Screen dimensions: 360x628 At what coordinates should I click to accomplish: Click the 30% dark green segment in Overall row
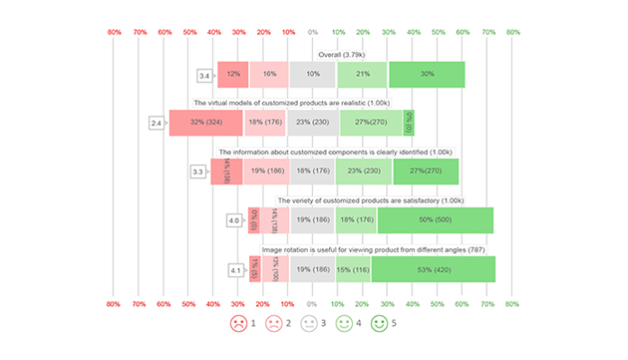pyautogui.click(x=427, y=75)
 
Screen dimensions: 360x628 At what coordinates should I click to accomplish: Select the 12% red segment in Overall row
pyautogui.click(x=233, y=75)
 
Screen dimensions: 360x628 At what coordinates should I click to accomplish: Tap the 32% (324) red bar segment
pyautogui.click(x=206, y=123)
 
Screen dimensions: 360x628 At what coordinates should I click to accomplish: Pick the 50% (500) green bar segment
pyautogui.click(x=435, y=220)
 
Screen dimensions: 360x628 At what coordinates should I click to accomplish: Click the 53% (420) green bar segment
pyautogui.click(x=433, y=269)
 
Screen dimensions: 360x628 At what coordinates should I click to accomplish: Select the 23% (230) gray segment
pyautogui.click(x=313, y=123)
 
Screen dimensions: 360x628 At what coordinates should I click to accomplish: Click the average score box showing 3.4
pyautogui.click(x=205, y=75)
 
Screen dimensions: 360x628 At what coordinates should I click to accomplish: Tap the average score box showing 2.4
pyautogui.click(x=156, y=123)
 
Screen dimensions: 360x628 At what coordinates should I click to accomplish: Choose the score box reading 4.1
pyautogui.click(x=235, y=270)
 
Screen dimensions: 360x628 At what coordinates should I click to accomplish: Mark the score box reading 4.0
pyautogui.click(x=235, y=220)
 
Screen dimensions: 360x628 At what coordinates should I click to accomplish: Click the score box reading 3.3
pyautogui.click(x=199, y=171)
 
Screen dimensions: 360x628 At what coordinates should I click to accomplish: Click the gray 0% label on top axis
pyautogui.click(x=313, y=32)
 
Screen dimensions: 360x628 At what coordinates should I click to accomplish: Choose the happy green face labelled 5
pyautogui.click(x=379, y=323)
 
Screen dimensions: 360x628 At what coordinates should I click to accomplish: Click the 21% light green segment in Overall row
pyautogui.click(x=363, y=75)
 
